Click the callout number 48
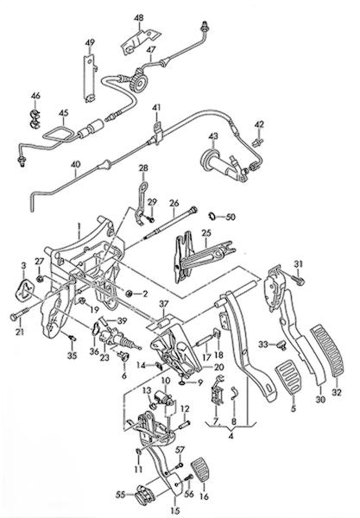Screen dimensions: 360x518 point(139,17)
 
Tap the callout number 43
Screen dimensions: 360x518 point(213,136)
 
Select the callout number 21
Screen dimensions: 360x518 point(20,332)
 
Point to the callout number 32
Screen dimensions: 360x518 point(338,393)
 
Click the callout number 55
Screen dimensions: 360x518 point(121,495)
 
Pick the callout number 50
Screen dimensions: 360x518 point(231,218)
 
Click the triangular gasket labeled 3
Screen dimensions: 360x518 point(25,290)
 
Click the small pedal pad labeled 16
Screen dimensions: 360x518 point(199,469)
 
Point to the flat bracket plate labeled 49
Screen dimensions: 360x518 point(89,78)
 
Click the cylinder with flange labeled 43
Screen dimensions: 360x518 point(222,164)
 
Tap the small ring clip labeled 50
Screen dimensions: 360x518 point(212,217)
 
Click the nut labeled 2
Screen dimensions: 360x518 point(129,293)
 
